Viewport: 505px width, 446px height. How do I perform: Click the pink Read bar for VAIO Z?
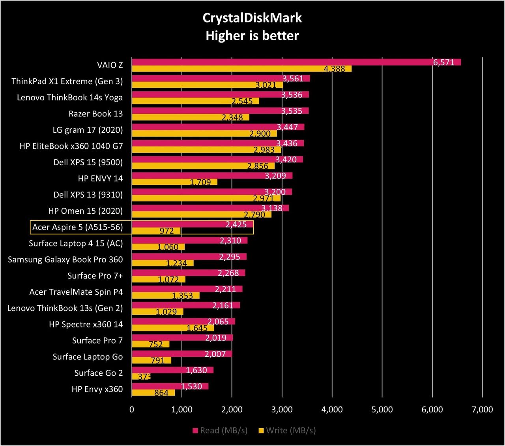tap(296, 62)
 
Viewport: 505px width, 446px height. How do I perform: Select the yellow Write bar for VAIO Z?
tap(242, 69)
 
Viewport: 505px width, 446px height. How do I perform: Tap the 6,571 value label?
tap(444, 62)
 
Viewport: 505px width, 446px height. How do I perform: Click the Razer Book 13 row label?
tap(96, 114)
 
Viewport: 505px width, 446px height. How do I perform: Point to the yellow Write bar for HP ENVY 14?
tap(174, 182)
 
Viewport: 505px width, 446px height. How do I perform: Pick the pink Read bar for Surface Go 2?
tap(172, 370)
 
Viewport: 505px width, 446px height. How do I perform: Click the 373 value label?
tap(144, 376)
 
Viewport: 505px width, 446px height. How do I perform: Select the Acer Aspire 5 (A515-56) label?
tap(77, 227)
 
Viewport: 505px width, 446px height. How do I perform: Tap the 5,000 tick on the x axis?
tap(382, 410)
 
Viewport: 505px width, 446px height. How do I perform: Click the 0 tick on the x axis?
tap(132, 410)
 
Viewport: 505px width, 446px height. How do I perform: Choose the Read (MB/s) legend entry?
tap(220, 431)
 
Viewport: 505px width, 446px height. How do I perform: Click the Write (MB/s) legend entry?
tap(287, 431)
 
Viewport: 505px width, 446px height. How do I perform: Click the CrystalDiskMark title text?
tap(252, 18)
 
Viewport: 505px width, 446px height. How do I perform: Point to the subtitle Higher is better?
tap(252, 36)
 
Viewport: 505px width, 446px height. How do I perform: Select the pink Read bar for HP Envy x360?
tap(170, 386)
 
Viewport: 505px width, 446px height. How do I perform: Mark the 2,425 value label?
tap(236, 224)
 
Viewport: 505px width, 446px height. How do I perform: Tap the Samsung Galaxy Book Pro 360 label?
tap(65, 260)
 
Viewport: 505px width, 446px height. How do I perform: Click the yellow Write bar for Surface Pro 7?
tap(151, 344)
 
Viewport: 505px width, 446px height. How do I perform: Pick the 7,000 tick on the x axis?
tap(483, 410)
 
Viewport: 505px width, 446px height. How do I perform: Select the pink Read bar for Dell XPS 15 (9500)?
tap(217, 159)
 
